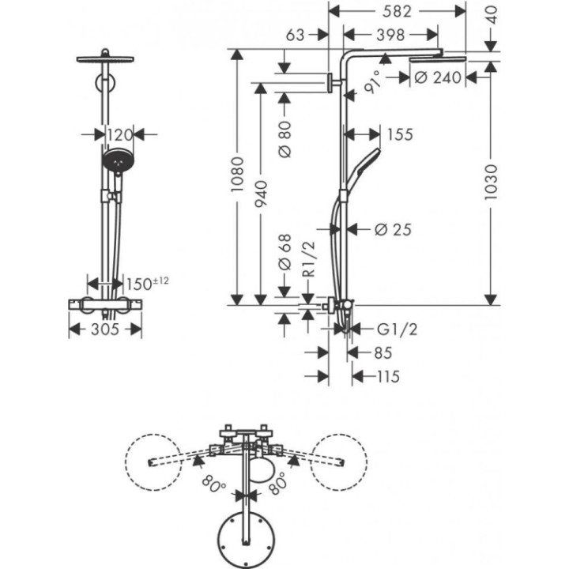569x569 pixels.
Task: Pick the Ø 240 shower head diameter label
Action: coord(438,77)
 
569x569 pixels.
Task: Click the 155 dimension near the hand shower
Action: coord(400,134)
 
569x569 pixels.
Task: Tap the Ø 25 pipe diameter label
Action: coord(391,229)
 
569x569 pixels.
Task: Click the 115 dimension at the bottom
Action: coord(387,377)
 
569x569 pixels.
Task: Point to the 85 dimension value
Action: coord(383,352)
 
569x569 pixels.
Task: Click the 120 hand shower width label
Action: coord(119,135)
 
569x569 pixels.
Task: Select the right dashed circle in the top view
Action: coord(338,462)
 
